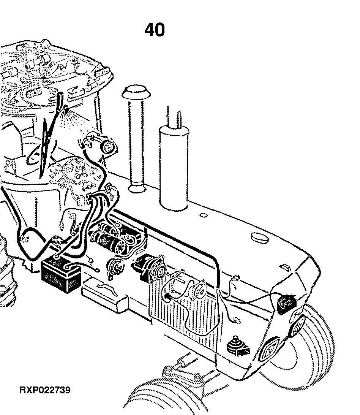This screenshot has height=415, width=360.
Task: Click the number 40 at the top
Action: (x=155, y=30)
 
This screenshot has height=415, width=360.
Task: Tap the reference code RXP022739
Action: (x=45, y=390)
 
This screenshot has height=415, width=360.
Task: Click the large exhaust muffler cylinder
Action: (x=174, y=168)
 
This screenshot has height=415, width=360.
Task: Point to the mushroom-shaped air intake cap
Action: (x=136, y=92)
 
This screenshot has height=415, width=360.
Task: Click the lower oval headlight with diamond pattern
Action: (x=269, y=349)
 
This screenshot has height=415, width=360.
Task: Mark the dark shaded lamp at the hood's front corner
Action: (x=286, y=304)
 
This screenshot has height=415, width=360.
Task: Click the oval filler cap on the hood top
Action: (x=259, y=238)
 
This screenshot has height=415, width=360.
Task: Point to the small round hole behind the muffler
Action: (x=204, y=215)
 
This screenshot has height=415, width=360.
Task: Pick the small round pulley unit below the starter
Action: (x=115, y=267)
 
